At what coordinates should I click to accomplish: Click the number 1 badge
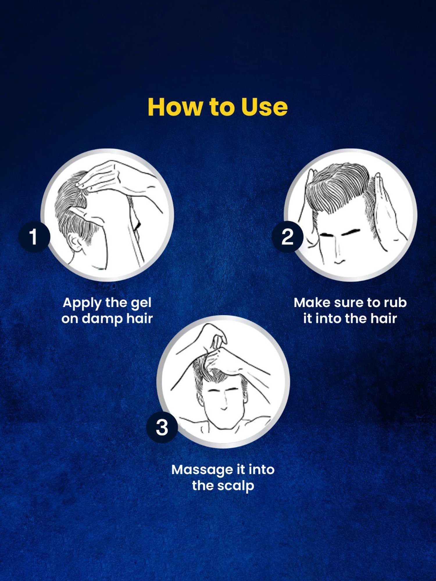tap(34, 236)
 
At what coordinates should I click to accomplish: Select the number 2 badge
tap(287, 236)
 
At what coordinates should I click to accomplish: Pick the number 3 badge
tap(162, 427)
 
